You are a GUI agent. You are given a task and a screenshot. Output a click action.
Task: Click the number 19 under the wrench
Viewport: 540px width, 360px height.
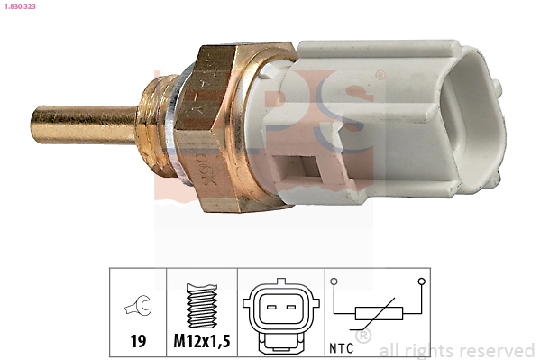(138, 343)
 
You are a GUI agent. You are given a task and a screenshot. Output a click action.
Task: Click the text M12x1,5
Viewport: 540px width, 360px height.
(202, 343)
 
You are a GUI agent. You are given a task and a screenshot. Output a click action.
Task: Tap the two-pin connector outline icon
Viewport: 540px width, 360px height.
(280, 317)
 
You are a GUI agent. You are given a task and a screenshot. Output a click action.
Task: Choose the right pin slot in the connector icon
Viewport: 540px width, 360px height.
(290, 307)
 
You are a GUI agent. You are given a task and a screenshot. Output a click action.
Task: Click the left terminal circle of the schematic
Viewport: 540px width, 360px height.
(334, 282)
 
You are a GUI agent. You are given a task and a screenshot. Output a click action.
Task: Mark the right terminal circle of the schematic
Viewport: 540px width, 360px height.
(421, 282)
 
